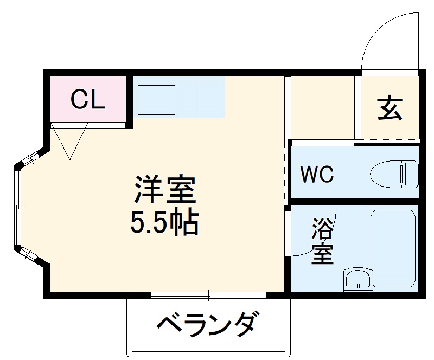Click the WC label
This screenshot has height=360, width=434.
(x=317, y=175)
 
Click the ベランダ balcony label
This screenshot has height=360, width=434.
(x=206, y=325)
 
